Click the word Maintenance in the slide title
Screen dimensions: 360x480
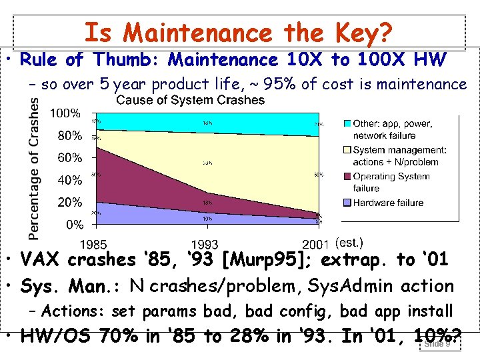point(197,33)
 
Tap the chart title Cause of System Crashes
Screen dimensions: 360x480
point(190,101)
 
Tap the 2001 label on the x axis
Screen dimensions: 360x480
point(317,244)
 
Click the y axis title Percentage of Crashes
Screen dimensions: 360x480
point(33,167)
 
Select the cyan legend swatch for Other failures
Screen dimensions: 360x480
point(347,124)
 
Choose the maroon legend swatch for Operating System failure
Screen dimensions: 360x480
point(347,177)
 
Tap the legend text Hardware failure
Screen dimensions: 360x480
point(388,203)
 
